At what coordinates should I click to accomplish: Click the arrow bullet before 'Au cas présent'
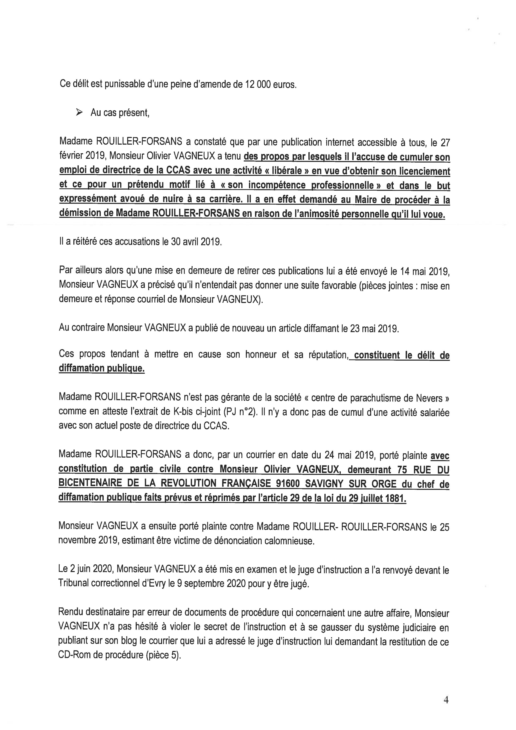tap(79, 112)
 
